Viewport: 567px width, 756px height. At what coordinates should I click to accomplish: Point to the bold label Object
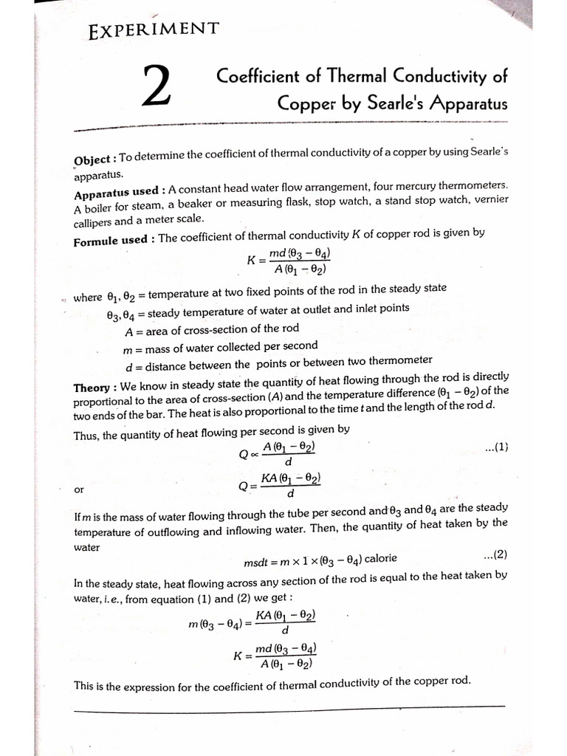[92, 160]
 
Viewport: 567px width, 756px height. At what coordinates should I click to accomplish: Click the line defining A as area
[212, 329]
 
